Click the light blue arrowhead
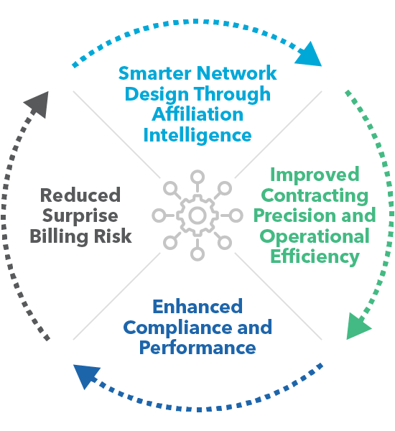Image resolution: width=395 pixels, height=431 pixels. pos(310,56)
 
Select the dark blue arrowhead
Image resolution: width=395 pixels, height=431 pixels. pos(86,375)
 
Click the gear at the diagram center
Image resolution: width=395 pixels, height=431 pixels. pos(197,215)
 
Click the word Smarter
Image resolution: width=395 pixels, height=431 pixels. pos(154,73)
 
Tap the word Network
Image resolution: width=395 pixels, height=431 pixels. pos(237,73)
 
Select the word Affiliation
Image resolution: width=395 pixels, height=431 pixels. pos(197,114)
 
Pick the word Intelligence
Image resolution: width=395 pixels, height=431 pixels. pos(197,136)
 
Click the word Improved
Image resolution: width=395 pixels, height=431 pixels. pos(315,175)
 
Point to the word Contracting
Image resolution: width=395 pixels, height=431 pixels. pos(315,196)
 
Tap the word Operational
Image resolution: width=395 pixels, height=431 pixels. pos(315,236)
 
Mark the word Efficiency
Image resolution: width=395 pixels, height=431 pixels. pos(315,257)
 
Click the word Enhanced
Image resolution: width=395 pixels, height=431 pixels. pos(197,307)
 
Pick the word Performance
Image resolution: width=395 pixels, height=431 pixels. pos(197,348)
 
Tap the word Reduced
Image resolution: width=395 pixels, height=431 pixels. pos(80,195)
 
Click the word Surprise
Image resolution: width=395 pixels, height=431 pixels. pos(80,216)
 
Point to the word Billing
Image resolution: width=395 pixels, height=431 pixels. pos(59,236)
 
